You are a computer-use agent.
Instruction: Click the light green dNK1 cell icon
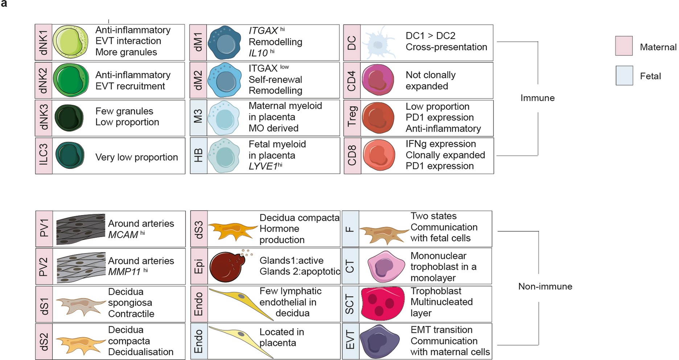(70, 42)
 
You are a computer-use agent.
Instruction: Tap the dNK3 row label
(44, 117)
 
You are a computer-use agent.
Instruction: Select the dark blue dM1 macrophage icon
(225, 42)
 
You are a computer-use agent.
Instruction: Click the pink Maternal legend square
(624, 46)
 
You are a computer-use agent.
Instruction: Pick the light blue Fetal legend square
(624, 75)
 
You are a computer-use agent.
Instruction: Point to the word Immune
(537, 98)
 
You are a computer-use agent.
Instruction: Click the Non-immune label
(545, 286)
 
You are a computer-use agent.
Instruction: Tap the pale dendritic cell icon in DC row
(378, 45)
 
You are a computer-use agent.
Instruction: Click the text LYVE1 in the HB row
(263, 166)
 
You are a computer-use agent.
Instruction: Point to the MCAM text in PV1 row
(123, 235)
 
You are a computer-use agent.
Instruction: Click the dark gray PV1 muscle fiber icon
(81, 229)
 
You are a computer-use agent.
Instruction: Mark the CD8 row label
(352, 156)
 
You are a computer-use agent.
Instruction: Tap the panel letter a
(4, 5)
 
